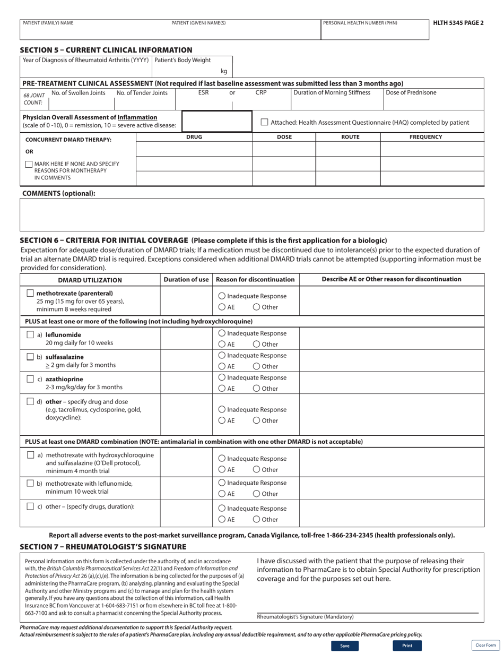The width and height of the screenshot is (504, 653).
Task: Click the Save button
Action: coord(345,646)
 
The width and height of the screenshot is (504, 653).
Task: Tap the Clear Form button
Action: coord(485,645)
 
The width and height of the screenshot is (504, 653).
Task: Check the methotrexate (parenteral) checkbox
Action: coord(30,293)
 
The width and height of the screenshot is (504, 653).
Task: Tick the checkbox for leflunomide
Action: coord(30,335)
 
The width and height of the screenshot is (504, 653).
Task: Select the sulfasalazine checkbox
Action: coord(30,357)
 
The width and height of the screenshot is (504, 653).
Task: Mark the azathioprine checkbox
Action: coord(30,379)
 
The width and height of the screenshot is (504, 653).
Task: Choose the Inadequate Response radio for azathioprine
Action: coord(222,377)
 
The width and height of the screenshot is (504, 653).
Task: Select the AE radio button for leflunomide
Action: coord(222,344)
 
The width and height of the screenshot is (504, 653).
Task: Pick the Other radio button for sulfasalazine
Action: coord(256,366)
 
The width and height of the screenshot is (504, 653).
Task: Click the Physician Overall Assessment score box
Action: coord(217,121)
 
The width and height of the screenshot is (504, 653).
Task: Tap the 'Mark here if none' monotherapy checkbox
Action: coord(29,164)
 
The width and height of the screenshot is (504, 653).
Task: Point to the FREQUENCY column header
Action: coord(425,137)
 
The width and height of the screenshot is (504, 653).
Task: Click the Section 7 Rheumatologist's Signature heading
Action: coord(103,546)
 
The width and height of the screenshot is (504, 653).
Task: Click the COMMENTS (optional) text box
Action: coord(252,214)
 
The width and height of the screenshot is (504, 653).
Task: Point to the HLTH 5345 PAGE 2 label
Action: coord(458,23)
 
